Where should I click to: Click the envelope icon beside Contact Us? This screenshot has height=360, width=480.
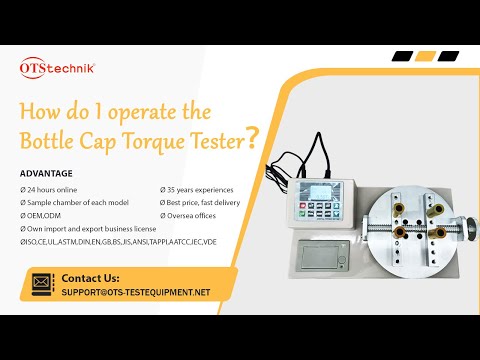[x=43, y=284]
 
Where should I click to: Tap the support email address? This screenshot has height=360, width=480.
[x=135, y=292]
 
